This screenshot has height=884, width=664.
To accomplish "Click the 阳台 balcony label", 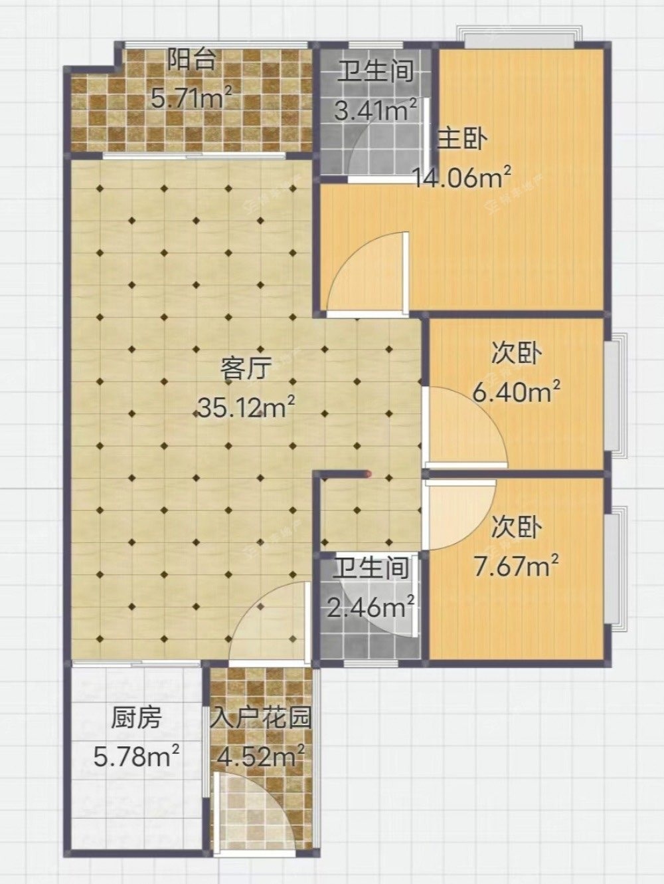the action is click(191, 60).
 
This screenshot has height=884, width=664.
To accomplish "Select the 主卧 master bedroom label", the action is click(462, 140).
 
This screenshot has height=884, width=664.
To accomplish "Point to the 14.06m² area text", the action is click(463, 177).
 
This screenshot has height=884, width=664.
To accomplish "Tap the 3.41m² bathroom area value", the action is click(376, 110).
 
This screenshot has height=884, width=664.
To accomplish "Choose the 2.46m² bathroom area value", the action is click(371, 606).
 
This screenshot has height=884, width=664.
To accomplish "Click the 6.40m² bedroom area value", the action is click(517, 392).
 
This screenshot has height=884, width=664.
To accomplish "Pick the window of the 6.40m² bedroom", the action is click(616, 395).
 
